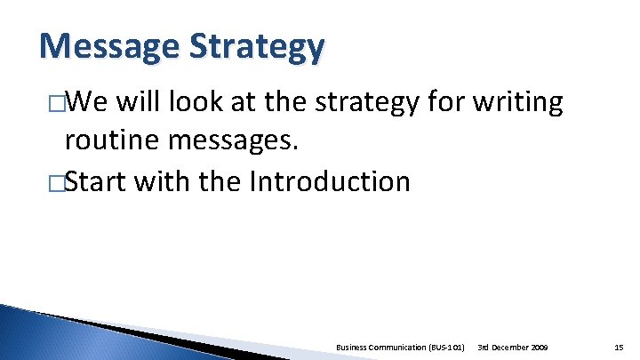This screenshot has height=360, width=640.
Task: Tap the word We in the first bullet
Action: (x=84, y=103)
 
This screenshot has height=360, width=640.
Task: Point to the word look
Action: (x=206, y=103)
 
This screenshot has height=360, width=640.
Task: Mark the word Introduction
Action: (x=329, y=181)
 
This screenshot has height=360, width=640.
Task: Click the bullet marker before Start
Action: (x=58, y=183)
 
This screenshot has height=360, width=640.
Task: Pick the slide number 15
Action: (x=619, y=345)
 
